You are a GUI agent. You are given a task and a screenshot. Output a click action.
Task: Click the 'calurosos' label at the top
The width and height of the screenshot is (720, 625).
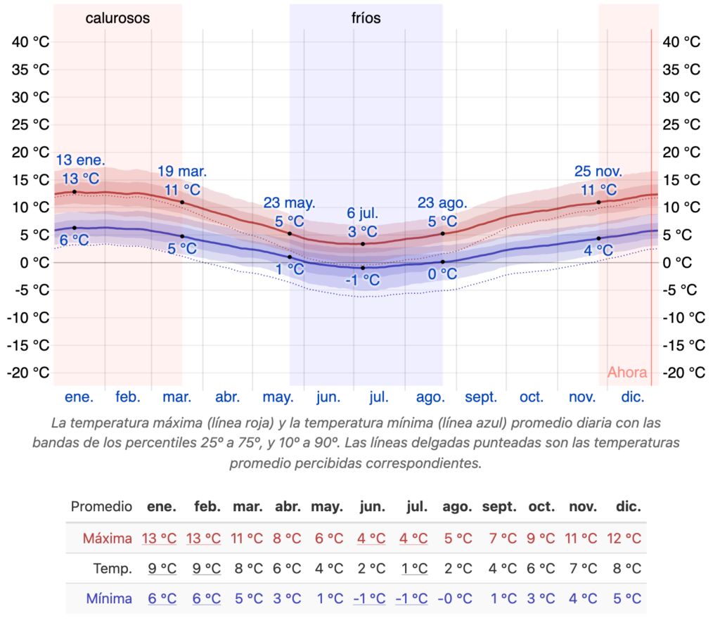(117, 18)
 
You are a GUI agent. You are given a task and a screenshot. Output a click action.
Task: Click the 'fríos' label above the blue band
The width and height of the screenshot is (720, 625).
(366, 18)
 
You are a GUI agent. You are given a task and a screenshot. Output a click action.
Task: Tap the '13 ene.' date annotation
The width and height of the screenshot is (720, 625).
(76, 160)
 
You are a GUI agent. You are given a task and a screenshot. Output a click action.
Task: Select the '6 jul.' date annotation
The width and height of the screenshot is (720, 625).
(363, 213)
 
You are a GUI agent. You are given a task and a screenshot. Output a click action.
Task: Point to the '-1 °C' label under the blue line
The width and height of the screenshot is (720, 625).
(363, 281)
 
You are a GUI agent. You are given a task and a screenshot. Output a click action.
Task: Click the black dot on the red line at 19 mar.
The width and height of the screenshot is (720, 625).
(182, 202)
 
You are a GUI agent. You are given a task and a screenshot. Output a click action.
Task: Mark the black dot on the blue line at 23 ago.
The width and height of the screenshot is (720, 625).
(442, 262)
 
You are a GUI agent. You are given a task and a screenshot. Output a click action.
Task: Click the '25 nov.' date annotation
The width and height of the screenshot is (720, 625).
(598, 171)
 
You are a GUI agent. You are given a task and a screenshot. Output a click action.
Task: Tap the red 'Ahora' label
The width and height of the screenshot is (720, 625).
(627, 373)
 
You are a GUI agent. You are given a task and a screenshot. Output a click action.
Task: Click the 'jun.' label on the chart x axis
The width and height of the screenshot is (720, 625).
(328, 397)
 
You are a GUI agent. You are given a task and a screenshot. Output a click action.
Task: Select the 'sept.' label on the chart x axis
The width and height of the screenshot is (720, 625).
(481, 397)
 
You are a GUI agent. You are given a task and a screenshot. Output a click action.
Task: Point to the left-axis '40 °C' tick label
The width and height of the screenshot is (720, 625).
(31, 41)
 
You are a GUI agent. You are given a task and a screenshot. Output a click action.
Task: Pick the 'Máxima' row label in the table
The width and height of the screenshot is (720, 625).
(107, 539)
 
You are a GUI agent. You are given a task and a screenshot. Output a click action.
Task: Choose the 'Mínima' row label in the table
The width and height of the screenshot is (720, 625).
(108, 599)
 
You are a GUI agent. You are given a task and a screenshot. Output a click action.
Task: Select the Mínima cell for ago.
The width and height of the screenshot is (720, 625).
(457, 599)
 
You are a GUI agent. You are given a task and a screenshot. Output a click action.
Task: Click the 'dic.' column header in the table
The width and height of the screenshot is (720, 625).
(627, 506)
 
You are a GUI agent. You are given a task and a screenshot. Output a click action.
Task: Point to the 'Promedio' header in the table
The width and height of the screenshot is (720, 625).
(101, 506)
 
